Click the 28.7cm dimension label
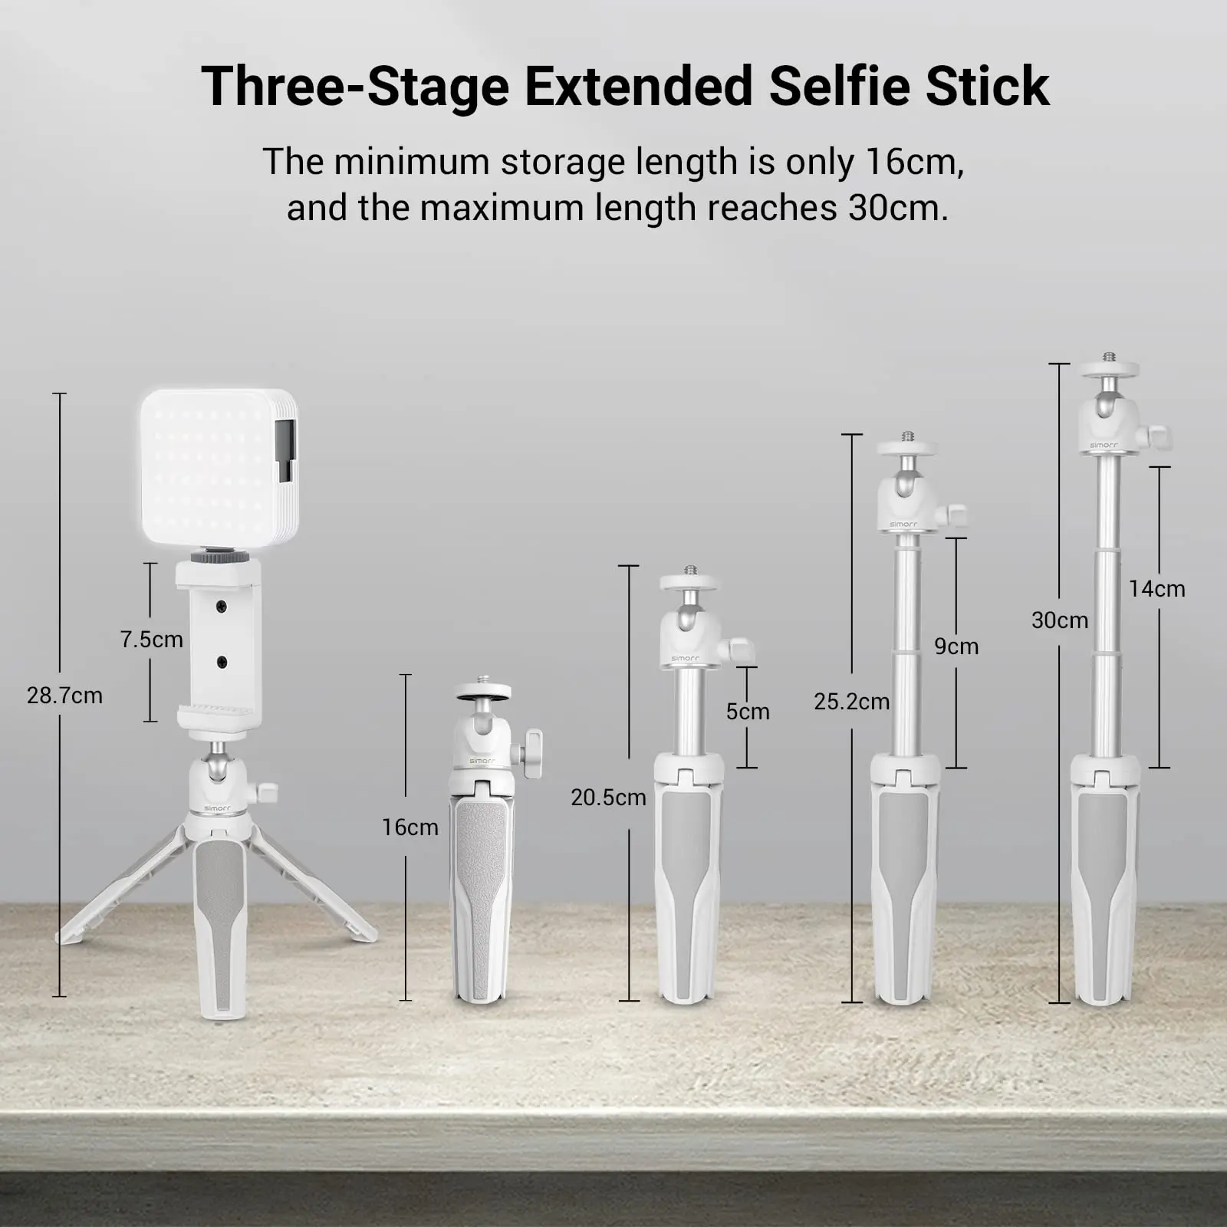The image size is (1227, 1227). (64, 696)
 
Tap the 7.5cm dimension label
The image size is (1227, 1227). (152, 640)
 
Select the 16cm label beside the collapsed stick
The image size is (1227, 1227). (410, 827)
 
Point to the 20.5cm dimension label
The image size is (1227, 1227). (608, 798)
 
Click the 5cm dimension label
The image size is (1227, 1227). (748, 712)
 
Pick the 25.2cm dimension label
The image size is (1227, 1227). (852, 702)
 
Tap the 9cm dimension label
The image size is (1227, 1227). (956, 646)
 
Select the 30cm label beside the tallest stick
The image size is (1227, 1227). (1060, 620)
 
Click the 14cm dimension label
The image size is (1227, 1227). (1156, 589)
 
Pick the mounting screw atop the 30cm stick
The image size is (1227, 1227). (1109, 357)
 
